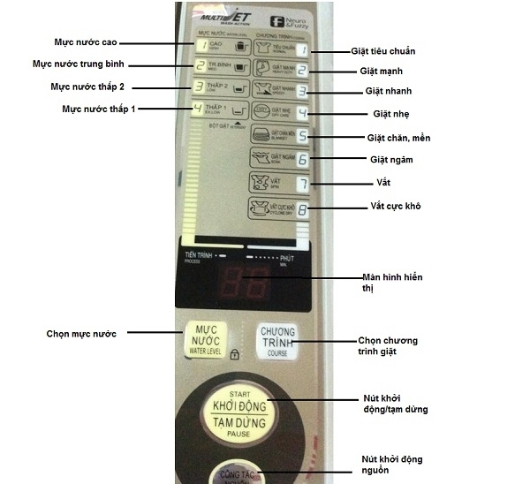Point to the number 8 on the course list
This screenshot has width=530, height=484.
[x=303, y=211]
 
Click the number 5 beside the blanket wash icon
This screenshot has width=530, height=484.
[x=302, y=137]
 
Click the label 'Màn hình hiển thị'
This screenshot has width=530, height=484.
[x=393, y=283]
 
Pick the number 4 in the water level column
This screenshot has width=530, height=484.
[x=200, y=110]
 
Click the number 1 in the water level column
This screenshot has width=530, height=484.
[x=201, y=45]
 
